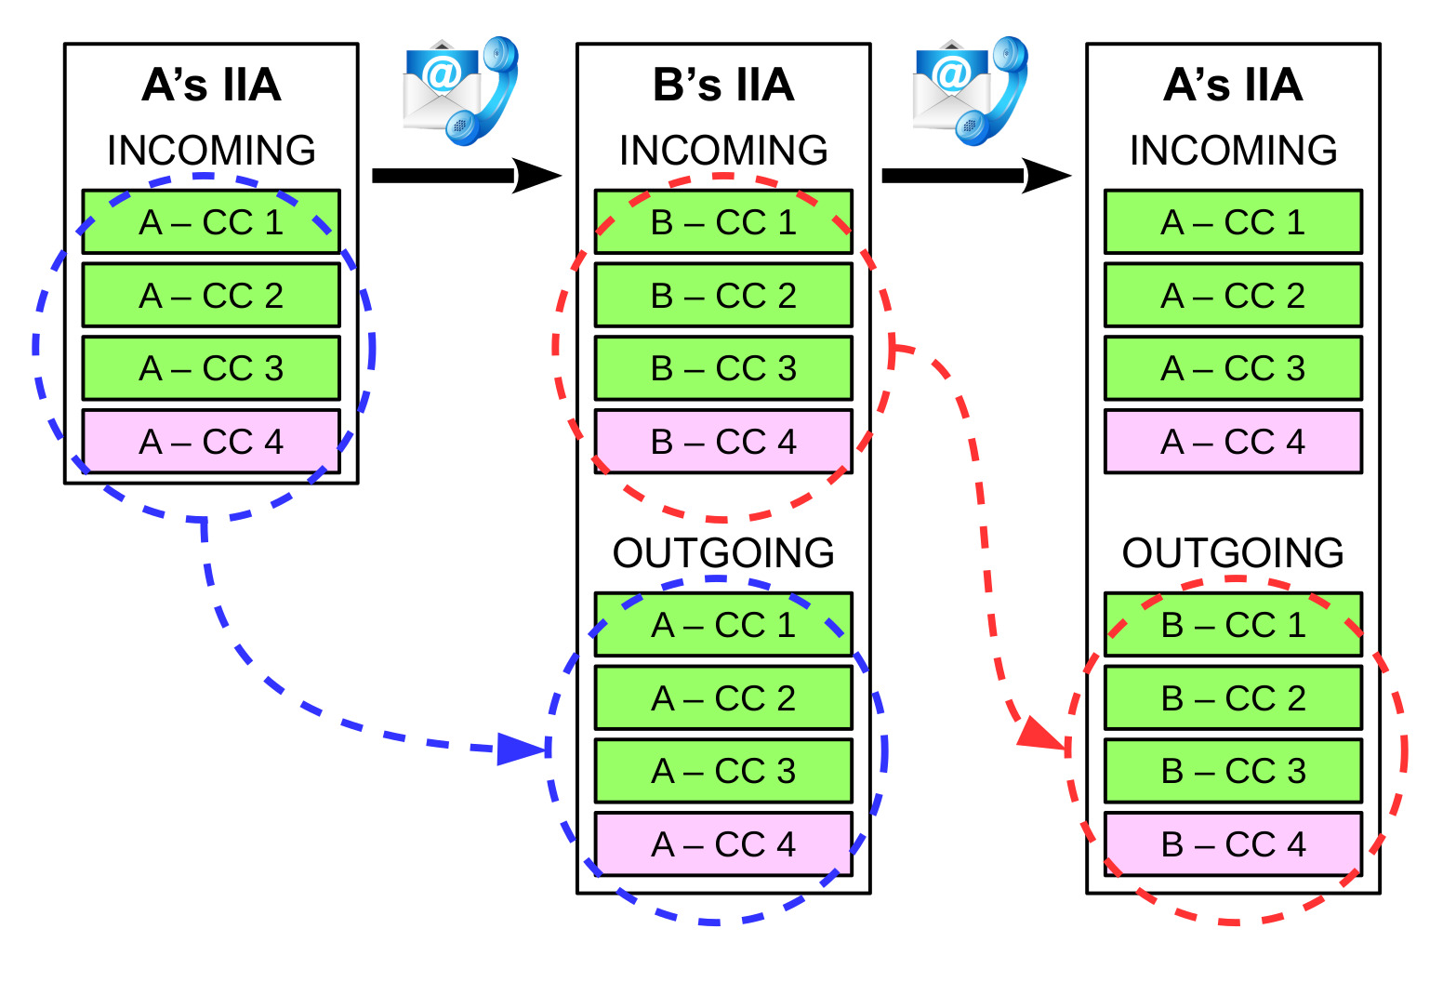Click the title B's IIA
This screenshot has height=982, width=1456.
click(x=723, y=85)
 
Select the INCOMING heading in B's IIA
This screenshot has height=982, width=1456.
click(x=723, y=150)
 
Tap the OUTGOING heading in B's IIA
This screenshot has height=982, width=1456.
click(x=723, y=552)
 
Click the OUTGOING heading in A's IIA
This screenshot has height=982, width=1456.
click(x=1233, y=552)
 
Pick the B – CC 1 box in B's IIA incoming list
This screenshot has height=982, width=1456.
click(x=723, y=222)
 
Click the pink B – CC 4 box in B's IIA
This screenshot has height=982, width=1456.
click(x=723, y=442)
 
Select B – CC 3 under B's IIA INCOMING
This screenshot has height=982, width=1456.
click(x=723, y=368)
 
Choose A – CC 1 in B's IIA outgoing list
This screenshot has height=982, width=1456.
click(x=723, y=625)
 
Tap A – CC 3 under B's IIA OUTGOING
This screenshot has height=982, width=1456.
click(x=723, y=771)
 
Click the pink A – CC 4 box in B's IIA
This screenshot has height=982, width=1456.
click(x=723, y=844)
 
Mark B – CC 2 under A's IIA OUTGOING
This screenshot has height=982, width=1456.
click(x=1233, y=697)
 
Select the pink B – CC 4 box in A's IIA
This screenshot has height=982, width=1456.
click(x=1233, y=844)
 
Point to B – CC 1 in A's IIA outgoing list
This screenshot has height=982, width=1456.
click(x=1233, y=625)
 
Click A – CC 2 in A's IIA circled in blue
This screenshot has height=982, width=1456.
click(x=211, y=296)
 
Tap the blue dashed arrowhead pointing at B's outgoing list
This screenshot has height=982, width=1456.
click(x=521, y=748)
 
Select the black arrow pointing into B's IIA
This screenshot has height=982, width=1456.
click(x=465, y=176)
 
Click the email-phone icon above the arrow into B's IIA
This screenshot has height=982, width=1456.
click(x=459, y=91)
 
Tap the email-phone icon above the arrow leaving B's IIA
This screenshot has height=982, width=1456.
click(x=970, y=91)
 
